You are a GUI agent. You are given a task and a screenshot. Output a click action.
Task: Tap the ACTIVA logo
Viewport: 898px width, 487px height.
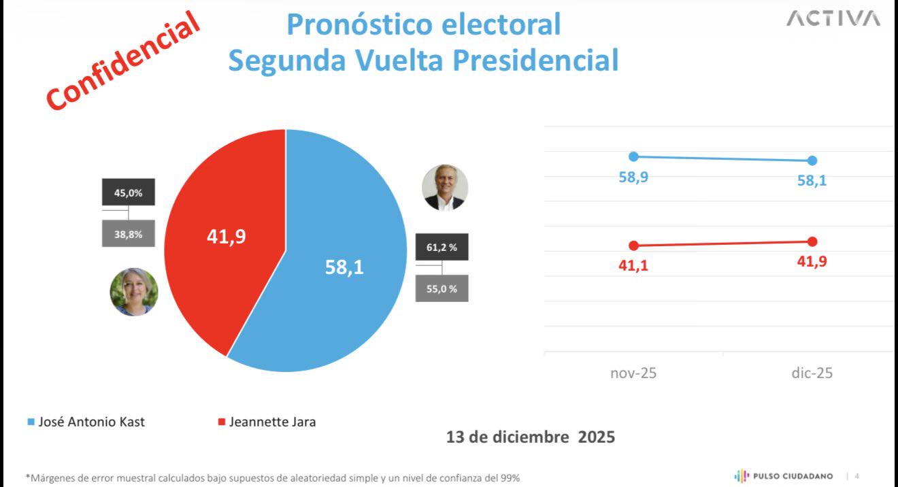(x=833, y=20)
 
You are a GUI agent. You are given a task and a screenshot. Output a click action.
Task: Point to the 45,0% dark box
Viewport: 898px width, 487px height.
(x=129, y=192)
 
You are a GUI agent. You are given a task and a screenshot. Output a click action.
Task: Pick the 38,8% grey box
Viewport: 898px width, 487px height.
(x=129, y=233)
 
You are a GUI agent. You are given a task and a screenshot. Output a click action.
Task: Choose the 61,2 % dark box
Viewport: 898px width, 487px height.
(x=442, y=248)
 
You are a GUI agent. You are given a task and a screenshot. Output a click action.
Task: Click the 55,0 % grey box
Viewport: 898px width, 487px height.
(x=442, y=288)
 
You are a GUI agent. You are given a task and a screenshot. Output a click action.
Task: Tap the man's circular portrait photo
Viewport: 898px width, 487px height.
(x=445, y=187)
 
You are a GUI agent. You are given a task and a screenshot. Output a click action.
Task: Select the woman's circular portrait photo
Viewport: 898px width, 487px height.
(x=134, y=292)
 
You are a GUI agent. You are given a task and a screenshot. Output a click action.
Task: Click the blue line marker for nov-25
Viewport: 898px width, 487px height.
(x=633, y=156)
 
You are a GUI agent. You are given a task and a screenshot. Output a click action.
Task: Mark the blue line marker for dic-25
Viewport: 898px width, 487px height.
(x=812, y=161)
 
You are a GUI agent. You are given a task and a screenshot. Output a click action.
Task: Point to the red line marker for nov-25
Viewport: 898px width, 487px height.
(x=633, y=246)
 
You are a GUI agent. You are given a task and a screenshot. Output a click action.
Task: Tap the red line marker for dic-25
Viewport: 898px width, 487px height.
(x=812, y=241)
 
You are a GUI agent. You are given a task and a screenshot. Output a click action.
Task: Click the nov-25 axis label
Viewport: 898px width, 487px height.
(x=633, y=373)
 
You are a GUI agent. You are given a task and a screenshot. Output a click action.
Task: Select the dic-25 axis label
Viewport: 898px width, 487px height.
(x=812, y=373)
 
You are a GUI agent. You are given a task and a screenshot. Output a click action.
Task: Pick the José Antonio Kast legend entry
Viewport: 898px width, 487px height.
(x=86, y=422)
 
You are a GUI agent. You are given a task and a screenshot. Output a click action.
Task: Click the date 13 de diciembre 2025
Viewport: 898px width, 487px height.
(x=531, y=437)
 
